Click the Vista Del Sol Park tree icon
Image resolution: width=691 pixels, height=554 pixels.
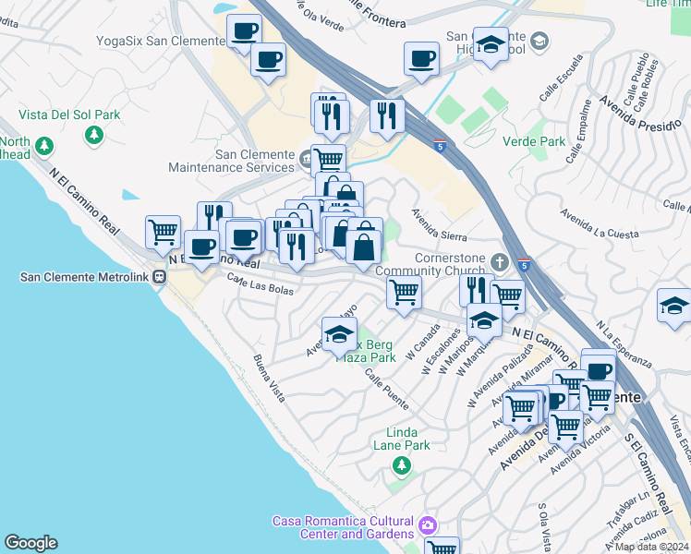click(x=93, y=136)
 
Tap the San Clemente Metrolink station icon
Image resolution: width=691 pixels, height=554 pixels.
click(x=160, y=276)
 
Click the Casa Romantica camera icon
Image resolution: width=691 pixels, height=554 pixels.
click(x=427, y=526)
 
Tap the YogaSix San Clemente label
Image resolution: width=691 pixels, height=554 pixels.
click(x=161, y=41)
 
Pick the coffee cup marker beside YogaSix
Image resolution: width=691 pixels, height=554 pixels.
click(x=245, y=33)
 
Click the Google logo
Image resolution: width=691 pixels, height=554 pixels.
click(x=30, y=543)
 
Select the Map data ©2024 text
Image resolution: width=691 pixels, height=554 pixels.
click(x=651, y=547)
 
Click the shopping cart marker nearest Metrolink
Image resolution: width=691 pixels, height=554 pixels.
click(x=164, y=231)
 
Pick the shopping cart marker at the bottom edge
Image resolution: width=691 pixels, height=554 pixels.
click(x=442, y=548)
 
